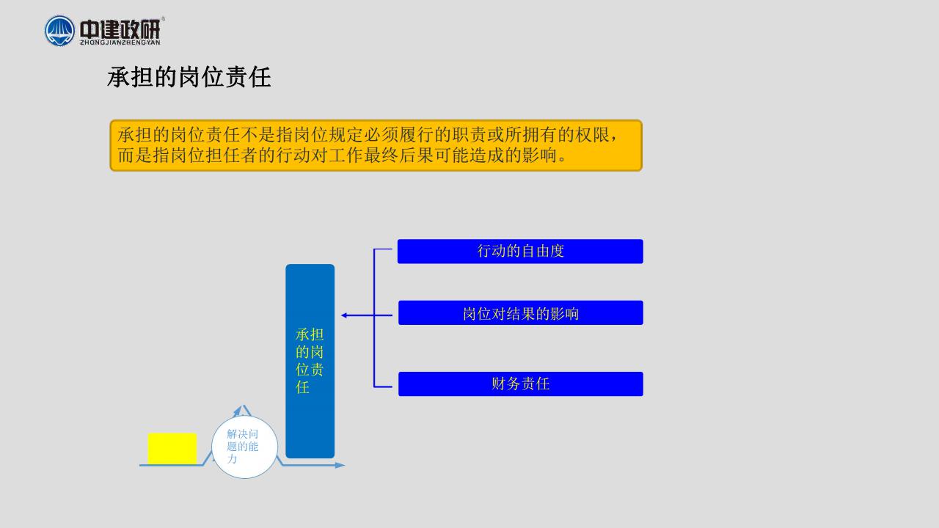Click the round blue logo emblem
59,31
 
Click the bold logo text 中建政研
120,29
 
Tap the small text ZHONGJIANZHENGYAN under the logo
120,43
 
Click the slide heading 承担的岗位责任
189,77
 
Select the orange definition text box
376,145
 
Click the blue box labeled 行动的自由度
520,252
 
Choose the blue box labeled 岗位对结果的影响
521,312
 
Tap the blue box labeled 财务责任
521,384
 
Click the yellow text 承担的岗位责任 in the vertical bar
310,361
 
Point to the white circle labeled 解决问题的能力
245,447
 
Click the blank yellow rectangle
172,448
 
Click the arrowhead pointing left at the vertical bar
344,315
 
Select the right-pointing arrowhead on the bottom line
340,465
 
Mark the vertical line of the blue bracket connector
374,318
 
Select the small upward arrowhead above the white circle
238,409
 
